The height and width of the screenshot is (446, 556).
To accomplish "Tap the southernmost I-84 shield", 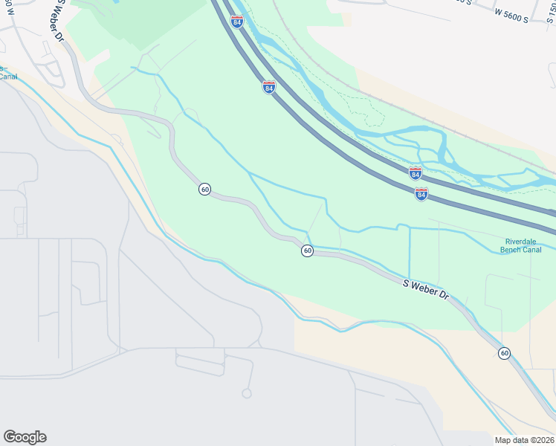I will [x=421, y=194].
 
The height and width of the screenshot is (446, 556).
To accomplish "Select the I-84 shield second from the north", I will [x=269, y=88].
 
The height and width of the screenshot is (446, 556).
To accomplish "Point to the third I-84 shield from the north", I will [x=416, y=173].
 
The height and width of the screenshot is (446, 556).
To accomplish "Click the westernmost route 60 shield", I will [x=204, y=190].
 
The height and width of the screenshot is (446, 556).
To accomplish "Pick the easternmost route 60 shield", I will [x=505, y=353].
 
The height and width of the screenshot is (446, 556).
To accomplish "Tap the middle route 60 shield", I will [x=307, y=251].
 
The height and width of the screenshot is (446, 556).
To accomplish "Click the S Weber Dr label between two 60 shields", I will [x=427, y=290].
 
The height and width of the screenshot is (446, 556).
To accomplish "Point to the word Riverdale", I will [x=521, y=242].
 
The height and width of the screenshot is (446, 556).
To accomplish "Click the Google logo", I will [x=25, y=437].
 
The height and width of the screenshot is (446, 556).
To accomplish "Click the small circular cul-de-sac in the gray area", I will [x=247, y=393].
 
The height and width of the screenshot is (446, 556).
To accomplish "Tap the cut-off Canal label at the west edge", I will [x=7, y=76].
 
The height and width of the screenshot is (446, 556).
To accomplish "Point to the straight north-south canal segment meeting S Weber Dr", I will [x=410, y=253].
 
